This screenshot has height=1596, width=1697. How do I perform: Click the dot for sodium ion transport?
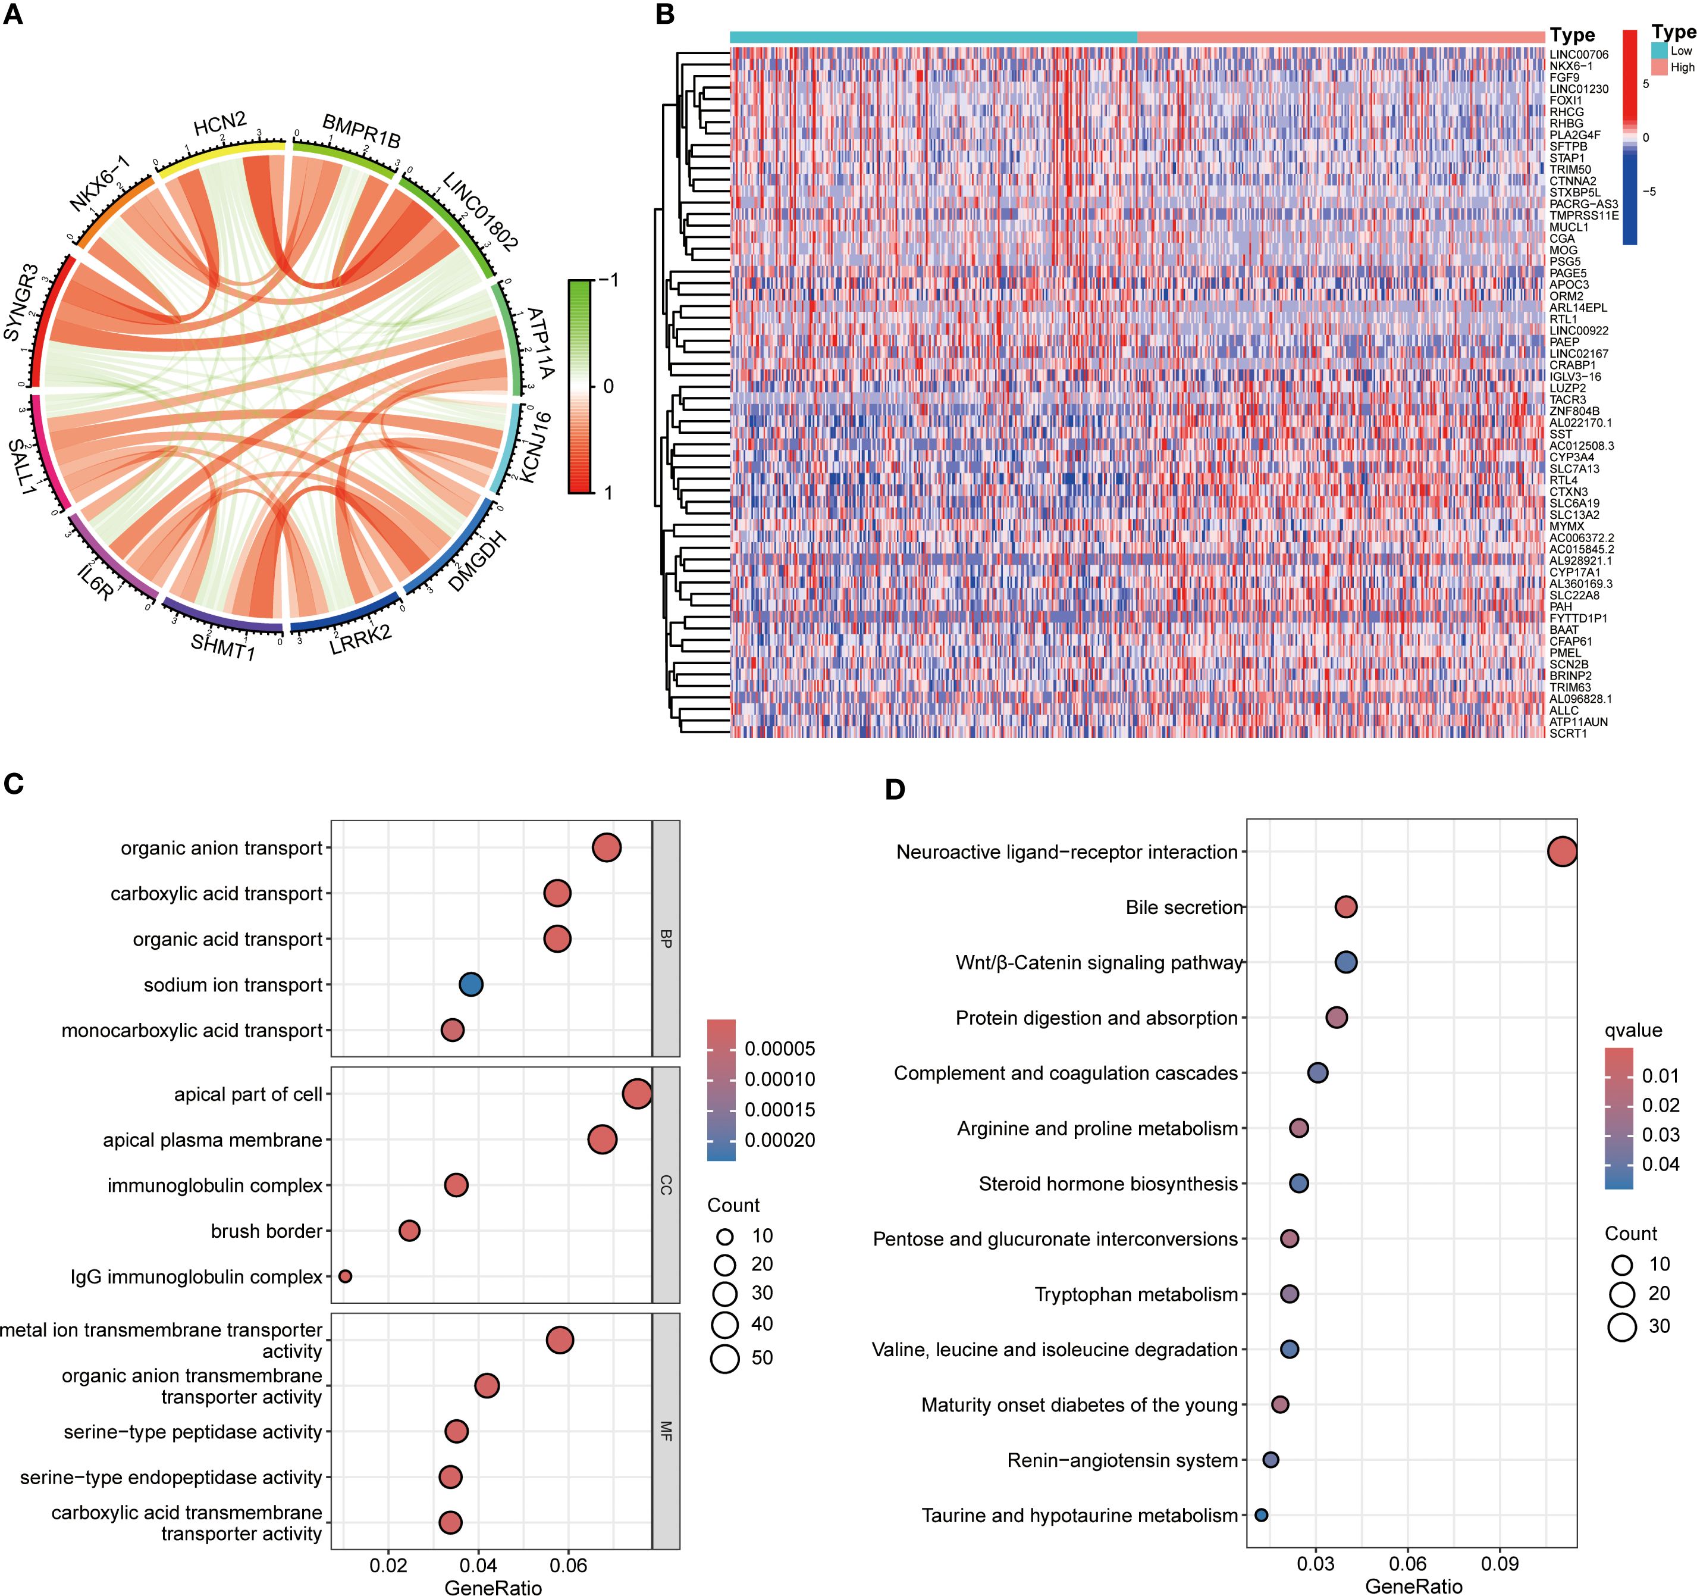coord(470,985)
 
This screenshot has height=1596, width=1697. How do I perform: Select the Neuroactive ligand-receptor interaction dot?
coord(1561,852)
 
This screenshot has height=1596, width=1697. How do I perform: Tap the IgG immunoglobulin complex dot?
coord(345,1276)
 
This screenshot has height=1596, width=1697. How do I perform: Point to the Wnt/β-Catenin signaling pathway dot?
coord(1345,962)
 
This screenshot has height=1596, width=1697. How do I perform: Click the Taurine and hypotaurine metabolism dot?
coord(1261,1515)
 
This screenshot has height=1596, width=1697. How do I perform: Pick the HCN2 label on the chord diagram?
coord(219,126)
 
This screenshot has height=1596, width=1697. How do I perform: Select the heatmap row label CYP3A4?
coord(1571,458)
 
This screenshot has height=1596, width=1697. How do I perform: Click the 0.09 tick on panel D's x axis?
coord(1499,1563)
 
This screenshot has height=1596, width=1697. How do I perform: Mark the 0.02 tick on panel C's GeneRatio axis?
coord(388,1565)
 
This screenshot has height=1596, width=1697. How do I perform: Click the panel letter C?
coord(14,784)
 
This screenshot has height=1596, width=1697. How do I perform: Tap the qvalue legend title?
coord(1633,1030)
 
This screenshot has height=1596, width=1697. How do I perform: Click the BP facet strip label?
coord(666,938)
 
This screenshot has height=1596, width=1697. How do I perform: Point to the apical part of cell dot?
coord(637,1094)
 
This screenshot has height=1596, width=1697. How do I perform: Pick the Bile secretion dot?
coord(1345,907)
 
